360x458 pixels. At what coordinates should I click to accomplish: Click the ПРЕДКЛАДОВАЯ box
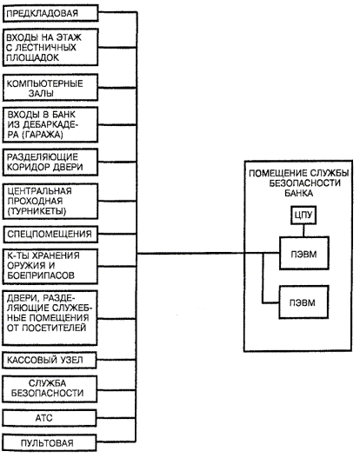(50, 13)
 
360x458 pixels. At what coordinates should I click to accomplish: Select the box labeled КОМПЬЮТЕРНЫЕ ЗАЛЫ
(50, 88)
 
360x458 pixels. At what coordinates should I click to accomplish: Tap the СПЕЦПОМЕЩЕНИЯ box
(50, 235)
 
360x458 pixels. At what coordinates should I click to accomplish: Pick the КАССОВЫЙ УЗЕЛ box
(50, 360)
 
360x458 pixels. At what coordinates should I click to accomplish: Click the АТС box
(50, 418)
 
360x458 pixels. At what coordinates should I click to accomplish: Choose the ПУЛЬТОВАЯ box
(50, 443)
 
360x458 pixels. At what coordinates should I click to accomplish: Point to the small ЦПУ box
(303, 216)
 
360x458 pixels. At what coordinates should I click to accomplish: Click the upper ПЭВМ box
(304, 253)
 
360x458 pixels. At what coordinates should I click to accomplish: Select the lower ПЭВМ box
(303, 302)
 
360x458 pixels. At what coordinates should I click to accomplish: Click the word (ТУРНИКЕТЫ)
(37, 211)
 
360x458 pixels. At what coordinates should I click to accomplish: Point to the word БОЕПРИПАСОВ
(41, 275)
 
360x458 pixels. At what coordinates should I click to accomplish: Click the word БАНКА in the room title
(298, 193)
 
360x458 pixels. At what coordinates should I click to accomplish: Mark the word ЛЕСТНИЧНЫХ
(45, 47)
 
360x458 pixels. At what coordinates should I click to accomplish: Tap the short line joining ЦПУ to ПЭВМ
(303, 230)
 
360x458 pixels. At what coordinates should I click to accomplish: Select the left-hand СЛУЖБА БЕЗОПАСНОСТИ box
(50, 388)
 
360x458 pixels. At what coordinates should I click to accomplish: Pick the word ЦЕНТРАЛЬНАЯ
(39, 191)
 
